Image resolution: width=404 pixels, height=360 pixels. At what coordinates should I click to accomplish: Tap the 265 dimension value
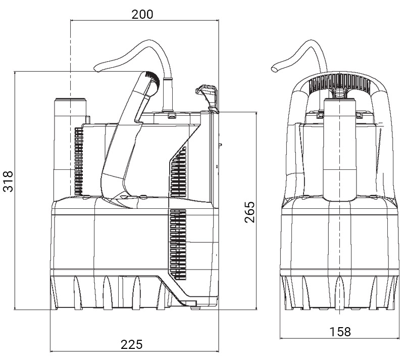(248, 213)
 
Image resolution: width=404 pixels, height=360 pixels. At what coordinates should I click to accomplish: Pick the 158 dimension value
(340, 332)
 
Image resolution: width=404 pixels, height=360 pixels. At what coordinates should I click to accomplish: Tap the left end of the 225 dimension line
(51, 350)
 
